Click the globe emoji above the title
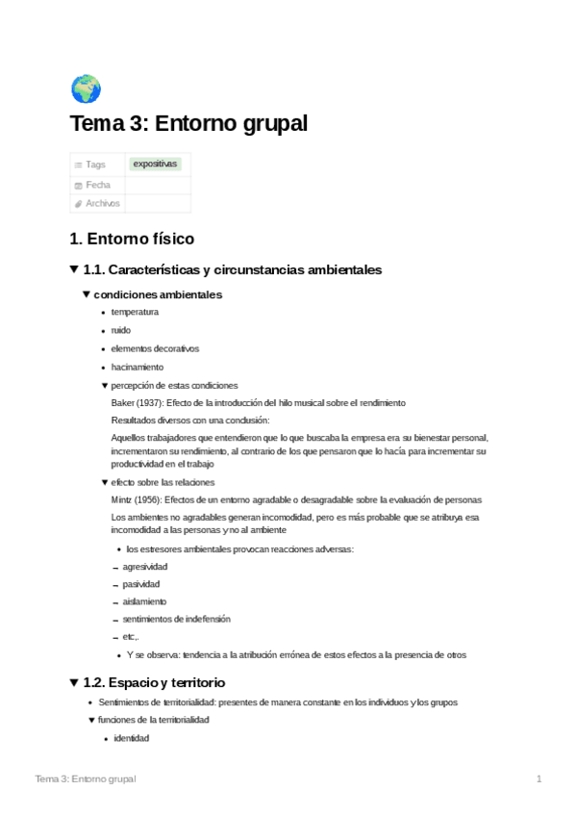tap(86, 89)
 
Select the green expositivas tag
tap(156, 164)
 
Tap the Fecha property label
tap(98, 184)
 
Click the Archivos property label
tap(102, 203)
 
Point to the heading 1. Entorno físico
tap(132, 238)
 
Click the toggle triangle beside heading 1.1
tap(74, 269)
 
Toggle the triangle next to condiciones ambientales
tap(86, 293)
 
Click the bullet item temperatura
tap(135, 312)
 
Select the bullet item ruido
tap(121, 330)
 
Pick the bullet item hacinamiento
tap(138, 367)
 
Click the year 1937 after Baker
tap(149, 402)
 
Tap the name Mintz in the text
tap(123, 499)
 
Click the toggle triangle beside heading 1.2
tap(74, 682)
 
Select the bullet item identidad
tap(131, 738)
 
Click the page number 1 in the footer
tap(539, 778)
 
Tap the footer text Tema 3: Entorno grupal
tap(85, 778)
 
